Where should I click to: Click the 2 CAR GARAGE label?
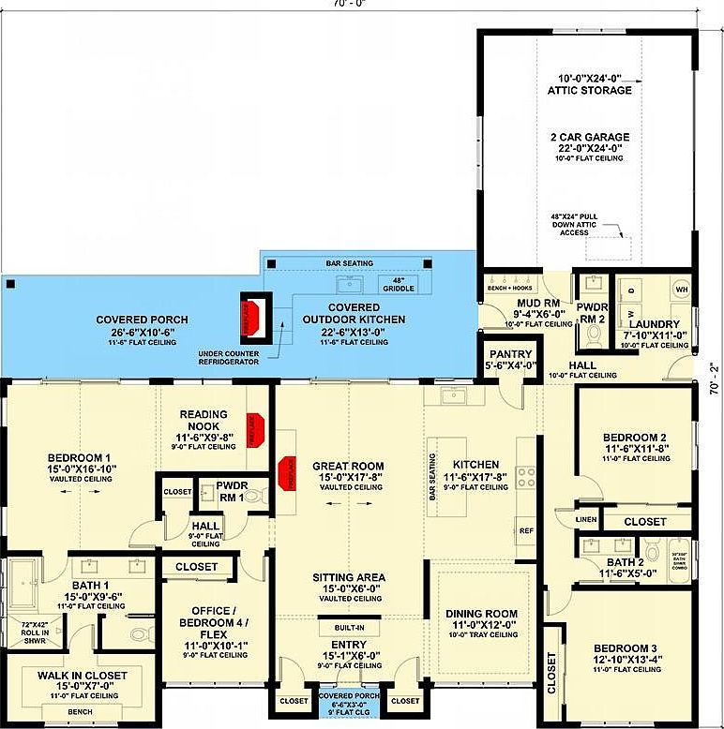[589, 137]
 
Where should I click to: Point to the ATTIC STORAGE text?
[589, 91]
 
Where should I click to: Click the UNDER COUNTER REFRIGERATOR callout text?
[229, 357]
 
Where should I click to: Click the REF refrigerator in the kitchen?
[527, 529]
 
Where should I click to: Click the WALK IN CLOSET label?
[68, 675]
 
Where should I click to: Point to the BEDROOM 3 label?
[625, 647]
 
